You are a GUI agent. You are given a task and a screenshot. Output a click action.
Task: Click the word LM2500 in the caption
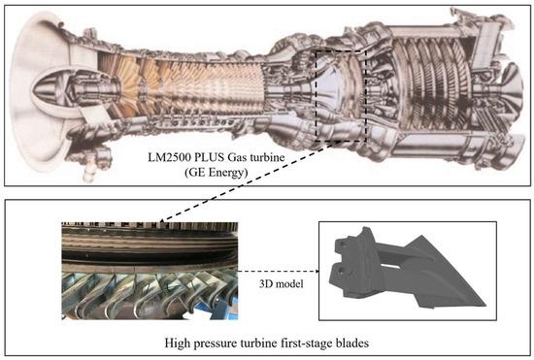(165, 157)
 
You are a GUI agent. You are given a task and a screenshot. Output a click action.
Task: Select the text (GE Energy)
(216, 172)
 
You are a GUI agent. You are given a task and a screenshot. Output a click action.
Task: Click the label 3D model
(281, 283)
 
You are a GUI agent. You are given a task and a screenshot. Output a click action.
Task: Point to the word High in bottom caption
(177, 343)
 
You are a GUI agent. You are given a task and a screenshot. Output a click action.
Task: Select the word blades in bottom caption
(352, 343)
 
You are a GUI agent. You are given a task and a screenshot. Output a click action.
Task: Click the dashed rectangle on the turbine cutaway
(316, 96)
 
